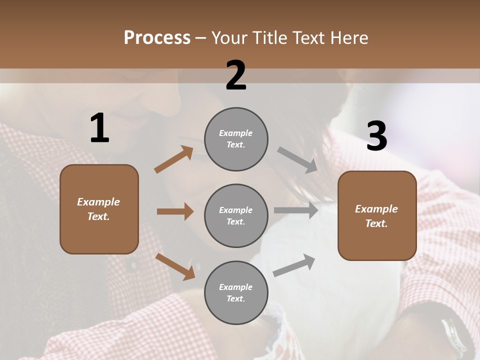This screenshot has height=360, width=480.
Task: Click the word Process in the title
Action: (157, 37)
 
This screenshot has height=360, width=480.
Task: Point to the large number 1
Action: (99, 128)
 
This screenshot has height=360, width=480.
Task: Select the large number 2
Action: (236, 75)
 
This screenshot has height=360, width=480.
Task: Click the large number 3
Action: (376, 136)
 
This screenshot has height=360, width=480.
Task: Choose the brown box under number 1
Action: (99, 209)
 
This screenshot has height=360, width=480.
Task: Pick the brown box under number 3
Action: (377, 215)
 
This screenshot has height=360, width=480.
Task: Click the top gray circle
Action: (236, 139)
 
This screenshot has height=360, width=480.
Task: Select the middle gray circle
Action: (236, 215)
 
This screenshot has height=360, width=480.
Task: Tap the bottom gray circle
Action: (236, 292)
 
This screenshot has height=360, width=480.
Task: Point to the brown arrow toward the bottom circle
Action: (175, 266)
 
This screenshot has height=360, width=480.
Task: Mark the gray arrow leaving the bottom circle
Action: (294, 265)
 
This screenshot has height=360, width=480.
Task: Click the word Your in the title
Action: (229, 37)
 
